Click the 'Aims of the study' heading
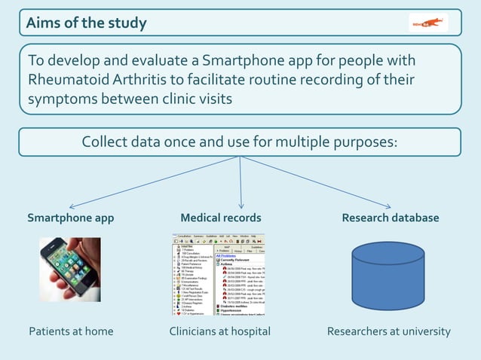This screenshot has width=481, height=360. (x=86, y=23)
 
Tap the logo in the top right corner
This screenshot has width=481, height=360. (x=428, y=23)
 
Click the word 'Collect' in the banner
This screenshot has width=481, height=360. (x=108, y=142)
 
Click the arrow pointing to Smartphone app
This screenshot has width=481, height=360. (x=151, y=183)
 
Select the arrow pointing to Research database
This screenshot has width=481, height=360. (x=317, y=183)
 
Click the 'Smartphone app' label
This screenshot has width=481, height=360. (x=71, y=218)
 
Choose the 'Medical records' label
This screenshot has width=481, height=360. (x=221, y=218)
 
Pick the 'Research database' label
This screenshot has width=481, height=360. (x=390, y=218)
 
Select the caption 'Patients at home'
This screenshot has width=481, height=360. (x=71, y=331)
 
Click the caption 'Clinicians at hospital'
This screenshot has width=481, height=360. (x=219, y=331)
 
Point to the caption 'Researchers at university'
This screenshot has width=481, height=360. (x=388, y=331)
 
